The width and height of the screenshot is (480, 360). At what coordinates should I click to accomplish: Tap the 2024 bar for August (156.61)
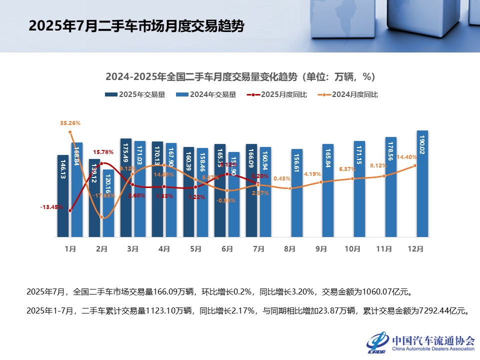click(x=297, y=192)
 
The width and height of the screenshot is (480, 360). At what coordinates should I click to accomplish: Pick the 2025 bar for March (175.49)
click(x=126, y=187)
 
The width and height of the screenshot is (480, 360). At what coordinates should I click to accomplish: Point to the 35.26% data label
click(x=70, y=122)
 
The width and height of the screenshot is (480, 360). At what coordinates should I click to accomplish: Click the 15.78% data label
click(x=102, y=152)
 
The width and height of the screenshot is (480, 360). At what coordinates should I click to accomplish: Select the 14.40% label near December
click(x=407, y=157)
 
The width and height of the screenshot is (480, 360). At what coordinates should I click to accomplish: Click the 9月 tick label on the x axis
click(x=321, y=248)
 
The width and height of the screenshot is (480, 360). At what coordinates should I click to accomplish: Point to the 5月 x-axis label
click(x=196, y=248)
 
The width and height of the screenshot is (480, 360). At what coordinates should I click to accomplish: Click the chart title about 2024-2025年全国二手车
click(x=240, y=77)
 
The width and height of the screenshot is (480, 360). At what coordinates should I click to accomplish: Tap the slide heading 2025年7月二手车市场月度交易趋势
click(x=136, y=26)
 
